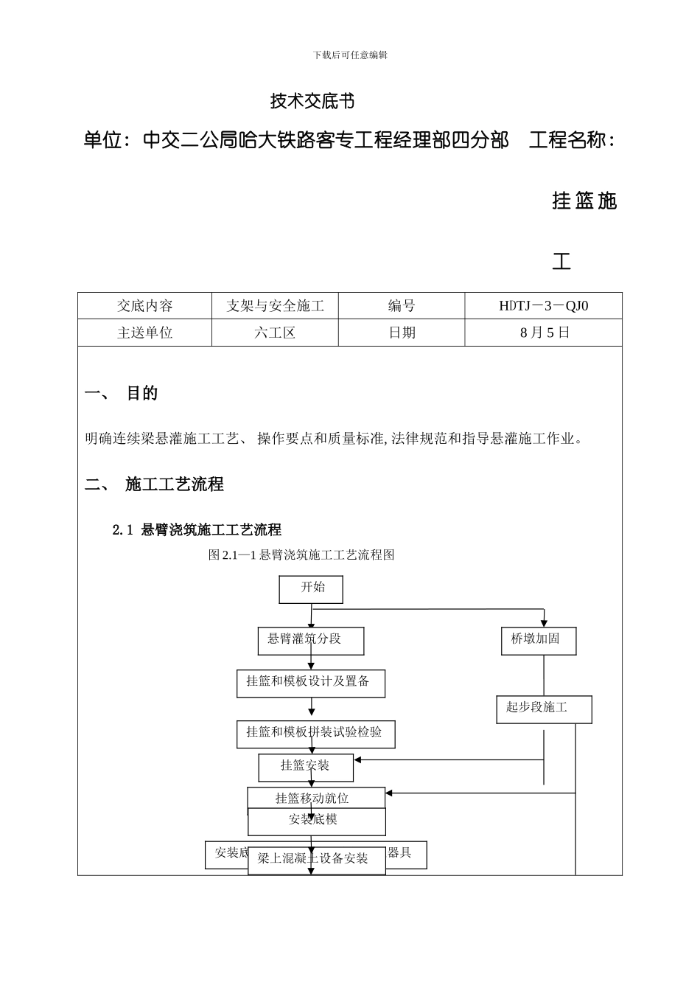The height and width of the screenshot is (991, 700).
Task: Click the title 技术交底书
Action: [312, 101]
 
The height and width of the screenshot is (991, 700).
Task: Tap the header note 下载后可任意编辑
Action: [350, 55]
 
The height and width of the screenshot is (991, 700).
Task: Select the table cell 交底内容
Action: [144, 306]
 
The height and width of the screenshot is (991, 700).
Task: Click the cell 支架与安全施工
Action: [275, 306]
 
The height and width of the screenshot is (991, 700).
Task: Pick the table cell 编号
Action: [402, 306]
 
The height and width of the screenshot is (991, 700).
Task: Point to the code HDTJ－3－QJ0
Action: [543, 306]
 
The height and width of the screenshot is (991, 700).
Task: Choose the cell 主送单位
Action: [144, 333]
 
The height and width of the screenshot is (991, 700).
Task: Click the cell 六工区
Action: [275, 333]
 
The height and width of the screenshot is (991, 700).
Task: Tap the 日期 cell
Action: [402, 333]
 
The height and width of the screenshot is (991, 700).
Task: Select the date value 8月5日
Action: [545, 333]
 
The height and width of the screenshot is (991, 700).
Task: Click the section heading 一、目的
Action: [122, 393]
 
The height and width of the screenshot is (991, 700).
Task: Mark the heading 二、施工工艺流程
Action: [154, 484]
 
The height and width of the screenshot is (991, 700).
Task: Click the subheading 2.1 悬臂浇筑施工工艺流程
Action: [197, 529]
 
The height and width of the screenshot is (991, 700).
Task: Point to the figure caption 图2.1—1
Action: [302, 554]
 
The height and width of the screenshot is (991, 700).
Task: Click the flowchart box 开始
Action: [311, 588]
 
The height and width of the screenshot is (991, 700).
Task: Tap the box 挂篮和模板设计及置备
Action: [310, 682]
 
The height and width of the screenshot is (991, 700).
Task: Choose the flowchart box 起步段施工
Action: [544, 709]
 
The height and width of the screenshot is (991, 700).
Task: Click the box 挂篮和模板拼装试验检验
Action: [315, 733]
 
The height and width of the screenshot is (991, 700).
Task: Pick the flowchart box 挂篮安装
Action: [306, 767]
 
